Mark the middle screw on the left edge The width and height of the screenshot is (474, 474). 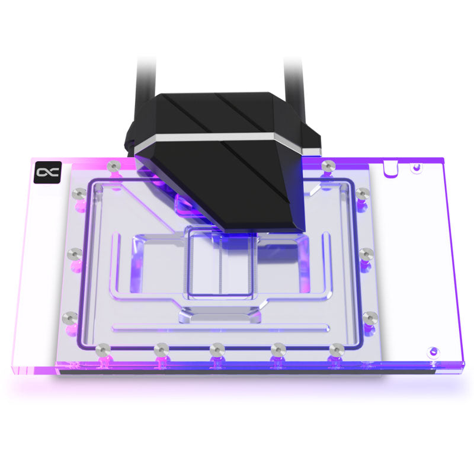74,254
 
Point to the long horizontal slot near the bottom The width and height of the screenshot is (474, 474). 219,327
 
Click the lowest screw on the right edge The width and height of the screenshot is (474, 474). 370,316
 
